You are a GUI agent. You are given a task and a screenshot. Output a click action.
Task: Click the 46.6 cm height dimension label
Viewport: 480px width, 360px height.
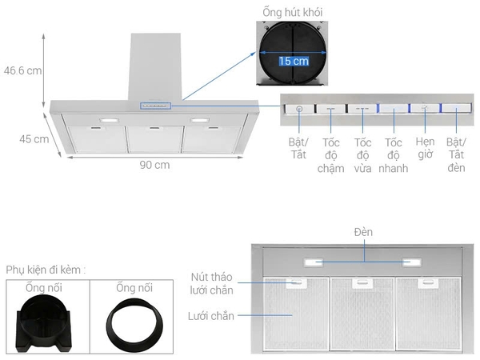point(22,70)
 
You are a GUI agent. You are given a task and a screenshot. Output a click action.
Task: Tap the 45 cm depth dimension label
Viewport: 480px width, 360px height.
point(34,138)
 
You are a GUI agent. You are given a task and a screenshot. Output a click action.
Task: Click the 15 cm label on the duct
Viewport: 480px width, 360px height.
point(294,61)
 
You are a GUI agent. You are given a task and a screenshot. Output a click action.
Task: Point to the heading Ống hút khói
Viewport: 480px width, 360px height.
point(293,12)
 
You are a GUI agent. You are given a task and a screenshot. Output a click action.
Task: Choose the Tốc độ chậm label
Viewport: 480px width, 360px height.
point(330,154)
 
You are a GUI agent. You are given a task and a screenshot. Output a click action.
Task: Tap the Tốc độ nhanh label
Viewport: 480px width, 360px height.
point(394,154)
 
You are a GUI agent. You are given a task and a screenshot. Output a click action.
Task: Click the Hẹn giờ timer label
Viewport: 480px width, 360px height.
point(425,147)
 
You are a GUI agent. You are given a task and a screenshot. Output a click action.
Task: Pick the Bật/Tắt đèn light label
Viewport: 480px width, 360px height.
point(456,154)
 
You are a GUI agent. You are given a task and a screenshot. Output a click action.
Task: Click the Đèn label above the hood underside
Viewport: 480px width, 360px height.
point(363,232)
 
